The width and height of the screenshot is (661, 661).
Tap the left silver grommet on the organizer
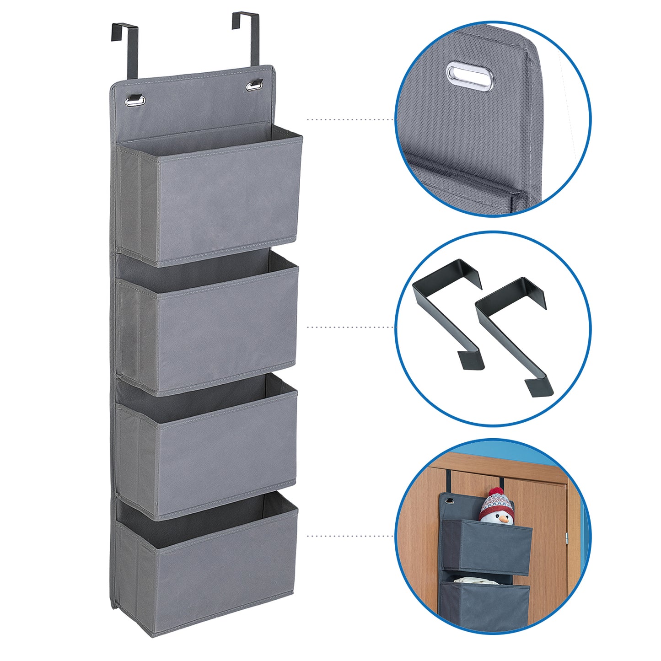(x=135, y=99)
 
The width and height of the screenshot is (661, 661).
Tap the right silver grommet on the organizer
(x=255, y=85)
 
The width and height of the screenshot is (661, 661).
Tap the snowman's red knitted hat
(x=497, y=501)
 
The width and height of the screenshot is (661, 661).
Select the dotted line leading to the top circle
(x=350, y=119)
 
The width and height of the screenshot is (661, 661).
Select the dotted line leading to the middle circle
(x=350, y=327)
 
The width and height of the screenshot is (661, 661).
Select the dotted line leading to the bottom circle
(x=350, y=535)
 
